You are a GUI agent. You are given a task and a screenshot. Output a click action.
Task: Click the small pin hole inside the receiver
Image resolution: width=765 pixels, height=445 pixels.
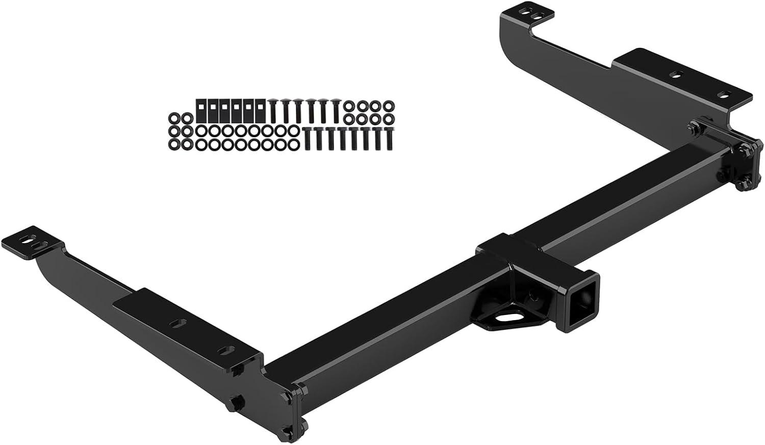[x=533, y=295]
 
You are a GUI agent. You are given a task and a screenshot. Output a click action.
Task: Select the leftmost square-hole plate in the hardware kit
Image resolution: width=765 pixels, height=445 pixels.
[x=201, y=109]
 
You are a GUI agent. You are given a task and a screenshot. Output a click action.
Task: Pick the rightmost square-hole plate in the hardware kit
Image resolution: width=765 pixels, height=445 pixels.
[x=260, y=109]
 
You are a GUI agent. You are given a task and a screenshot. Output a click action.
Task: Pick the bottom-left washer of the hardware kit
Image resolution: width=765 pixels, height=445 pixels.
[x=174, y=145]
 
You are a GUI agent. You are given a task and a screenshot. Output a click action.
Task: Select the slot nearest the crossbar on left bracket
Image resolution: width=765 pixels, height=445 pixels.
[x=226, y=350]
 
